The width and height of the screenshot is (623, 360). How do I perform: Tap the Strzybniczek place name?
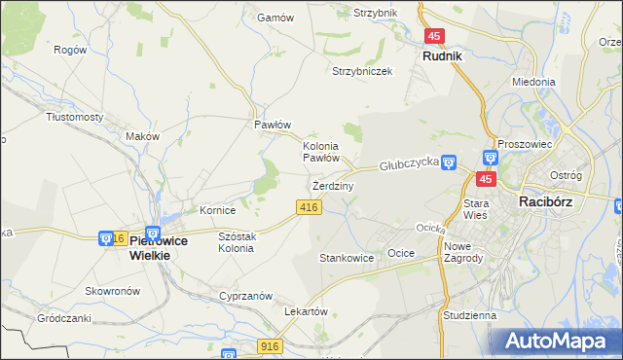point(362,72)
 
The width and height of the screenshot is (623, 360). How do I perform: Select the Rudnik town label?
point(442,56)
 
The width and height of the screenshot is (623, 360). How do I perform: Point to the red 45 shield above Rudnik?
point(434,36)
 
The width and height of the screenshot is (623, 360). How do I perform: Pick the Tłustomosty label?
point(75,117)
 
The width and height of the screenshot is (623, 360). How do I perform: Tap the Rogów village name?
point(70,50)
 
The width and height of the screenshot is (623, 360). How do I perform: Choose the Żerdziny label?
point(332,185)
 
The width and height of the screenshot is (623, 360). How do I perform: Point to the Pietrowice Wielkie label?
point(151,247)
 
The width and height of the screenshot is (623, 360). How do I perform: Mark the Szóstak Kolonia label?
point(237,242)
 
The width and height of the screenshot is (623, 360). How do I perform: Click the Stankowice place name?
point(347,258)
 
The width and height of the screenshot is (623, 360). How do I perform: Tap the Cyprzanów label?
point(244,295)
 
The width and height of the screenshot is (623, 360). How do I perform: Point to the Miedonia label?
point(533,83)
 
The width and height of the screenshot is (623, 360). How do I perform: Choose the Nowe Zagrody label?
point(463,251)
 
